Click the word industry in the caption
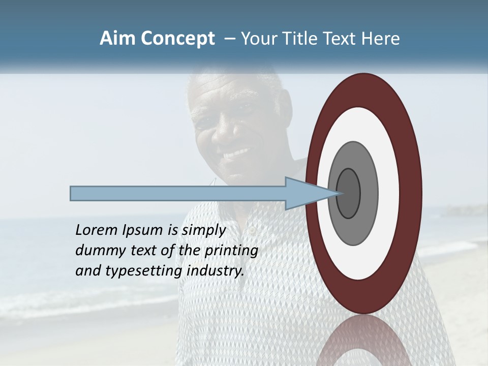point(216,271)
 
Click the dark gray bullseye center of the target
point(348,194)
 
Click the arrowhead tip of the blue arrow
point(338,193)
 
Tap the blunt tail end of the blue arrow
point(71,193)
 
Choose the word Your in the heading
point(257,39)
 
